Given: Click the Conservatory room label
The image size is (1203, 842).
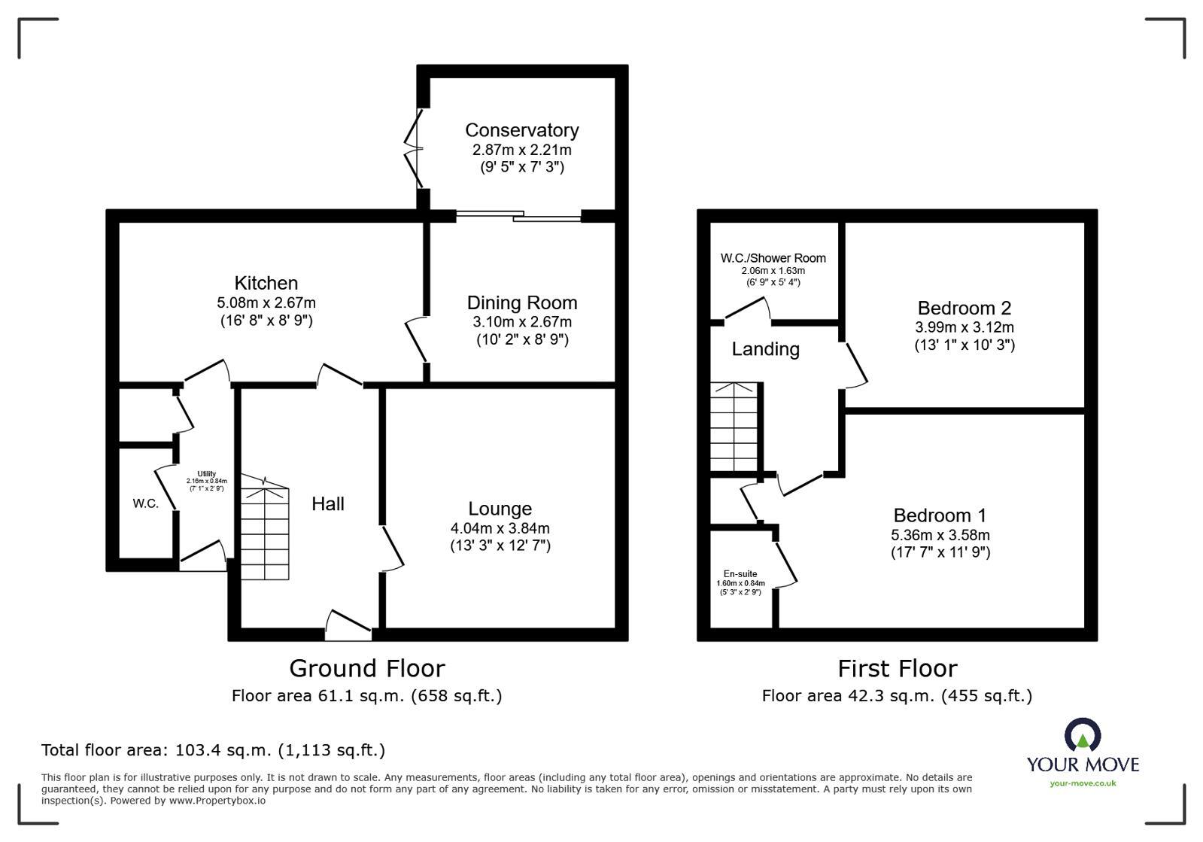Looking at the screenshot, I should pos(521,130).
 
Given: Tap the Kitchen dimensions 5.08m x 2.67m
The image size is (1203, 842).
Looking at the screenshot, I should pos(266,302).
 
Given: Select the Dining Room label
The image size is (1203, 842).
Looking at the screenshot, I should pos(521,302).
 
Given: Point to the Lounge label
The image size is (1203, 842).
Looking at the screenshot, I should pos(500,509).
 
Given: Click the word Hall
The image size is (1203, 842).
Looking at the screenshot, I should pos(328,503).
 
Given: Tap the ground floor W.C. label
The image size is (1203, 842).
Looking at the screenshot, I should pos(146,503).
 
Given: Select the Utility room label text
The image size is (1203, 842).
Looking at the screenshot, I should pos(206,474).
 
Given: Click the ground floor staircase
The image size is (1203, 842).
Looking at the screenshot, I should pos(265,534).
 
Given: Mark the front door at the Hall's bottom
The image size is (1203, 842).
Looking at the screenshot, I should pos(348,626).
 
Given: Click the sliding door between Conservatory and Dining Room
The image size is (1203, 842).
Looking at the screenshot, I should pos(519,216).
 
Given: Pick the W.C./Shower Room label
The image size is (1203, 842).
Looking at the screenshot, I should pos(773,258).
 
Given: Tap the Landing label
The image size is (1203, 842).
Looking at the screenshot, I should pos(765,349).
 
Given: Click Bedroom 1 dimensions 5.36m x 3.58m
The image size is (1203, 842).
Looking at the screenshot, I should pos(940,535).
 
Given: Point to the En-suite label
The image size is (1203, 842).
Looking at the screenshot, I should pos(740,574).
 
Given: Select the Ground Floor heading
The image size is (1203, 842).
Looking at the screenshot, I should pos(366,668).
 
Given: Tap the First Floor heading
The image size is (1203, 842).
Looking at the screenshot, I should pos(897,668).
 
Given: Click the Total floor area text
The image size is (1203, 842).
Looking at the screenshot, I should pos(213,750).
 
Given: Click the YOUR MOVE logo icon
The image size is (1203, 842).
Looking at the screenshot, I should pos(1083,736).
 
